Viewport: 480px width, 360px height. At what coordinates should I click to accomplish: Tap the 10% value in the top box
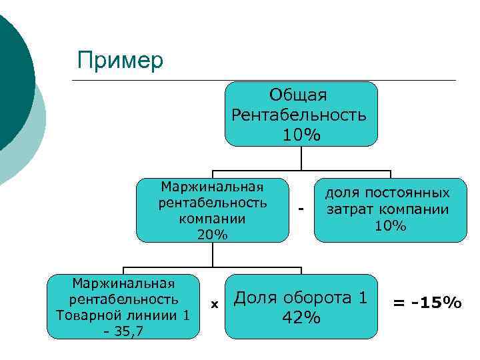click(x=301, y=135)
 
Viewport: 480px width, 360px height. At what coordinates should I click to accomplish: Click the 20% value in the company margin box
click(x=212, y=235)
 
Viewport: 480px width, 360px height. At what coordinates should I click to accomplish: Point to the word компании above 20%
click(x=212, y=219)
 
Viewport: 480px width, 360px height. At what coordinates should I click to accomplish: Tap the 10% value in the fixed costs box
click(x=390, y=226)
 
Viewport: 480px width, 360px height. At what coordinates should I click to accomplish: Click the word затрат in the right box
click(x=347, y=209)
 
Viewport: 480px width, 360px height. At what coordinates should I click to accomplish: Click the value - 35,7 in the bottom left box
click(x=123, y=330)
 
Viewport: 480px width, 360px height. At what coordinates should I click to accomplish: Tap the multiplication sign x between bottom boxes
click(x=215, y=304)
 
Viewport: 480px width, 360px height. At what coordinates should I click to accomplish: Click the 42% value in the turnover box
click(x=301, y=318)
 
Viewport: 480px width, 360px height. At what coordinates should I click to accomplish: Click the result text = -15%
click(x=427, y=303)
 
